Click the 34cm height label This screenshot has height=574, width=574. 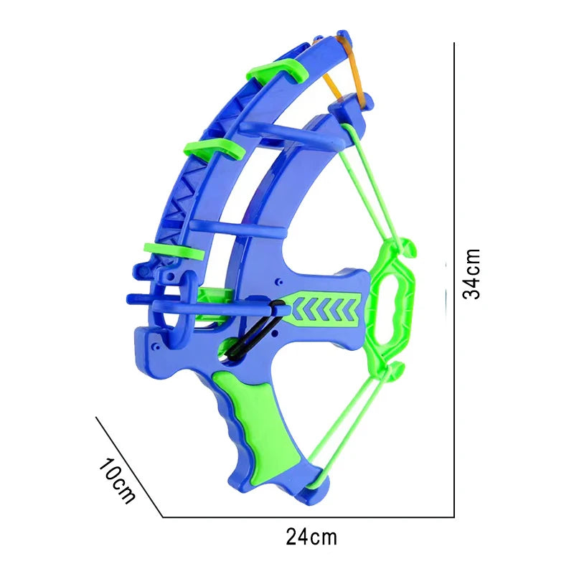[471, 274]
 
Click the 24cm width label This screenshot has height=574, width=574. [311, 537]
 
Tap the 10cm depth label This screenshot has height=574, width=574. [117, 480]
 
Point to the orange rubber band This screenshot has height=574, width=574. [348, 70]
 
